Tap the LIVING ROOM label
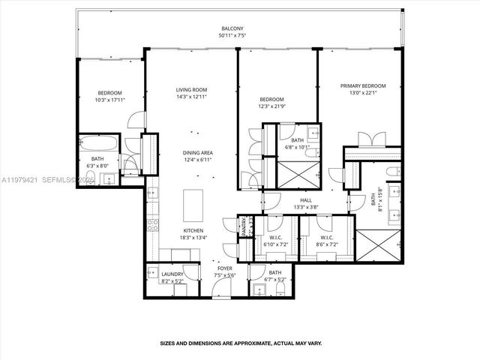point(191,89)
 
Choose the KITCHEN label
point(193,230)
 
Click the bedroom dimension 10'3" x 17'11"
point(109,100)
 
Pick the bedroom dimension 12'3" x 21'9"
point(272,106)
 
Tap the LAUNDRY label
point(172,274)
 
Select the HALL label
point(306,200)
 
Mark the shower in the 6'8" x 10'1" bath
point(298,175)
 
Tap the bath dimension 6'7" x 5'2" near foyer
point(275,279)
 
